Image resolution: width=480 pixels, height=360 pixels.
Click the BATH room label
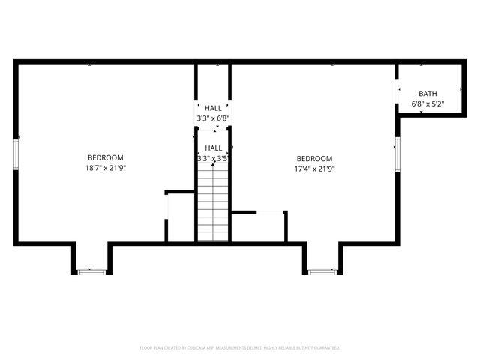(x=427, y=93)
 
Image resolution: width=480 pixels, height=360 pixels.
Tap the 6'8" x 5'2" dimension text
(x=427, y=103)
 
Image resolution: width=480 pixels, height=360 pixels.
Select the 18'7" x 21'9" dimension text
(x=106, y=168)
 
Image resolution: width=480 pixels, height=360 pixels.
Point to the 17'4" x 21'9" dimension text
(x=314, y=169)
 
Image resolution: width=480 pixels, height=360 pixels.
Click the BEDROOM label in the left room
(x=106, y=157)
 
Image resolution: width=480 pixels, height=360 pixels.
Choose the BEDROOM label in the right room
(x=314, y=158)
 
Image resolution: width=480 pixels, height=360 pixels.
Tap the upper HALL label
(x=213, y=108)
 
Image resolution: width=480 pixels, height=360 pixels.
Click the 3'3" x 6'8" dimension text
(x=213, y=118)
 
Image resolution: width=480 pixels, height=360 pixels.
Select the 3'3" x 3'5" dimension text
(x=213, y=159)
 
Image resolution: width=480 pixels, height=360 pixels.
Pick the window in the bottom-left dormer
(x=91, y=271)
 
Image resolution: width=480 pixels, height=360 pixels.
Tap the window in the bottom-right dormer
(x=322, y=271)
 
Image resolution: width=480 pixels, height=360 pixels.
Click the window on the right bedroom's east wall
(x=397, y=153)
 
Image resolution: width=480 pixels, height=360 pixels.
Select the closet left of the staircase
(x=181, y=217)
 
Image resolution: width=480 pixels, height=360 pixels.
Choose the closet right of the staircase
(x=259, y=227)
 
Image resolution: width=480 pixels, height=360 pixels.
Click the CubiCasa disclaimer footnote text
(x=240, y=348)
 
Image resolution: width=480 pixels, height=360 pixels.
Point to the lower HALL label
(x=213, y=148)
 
